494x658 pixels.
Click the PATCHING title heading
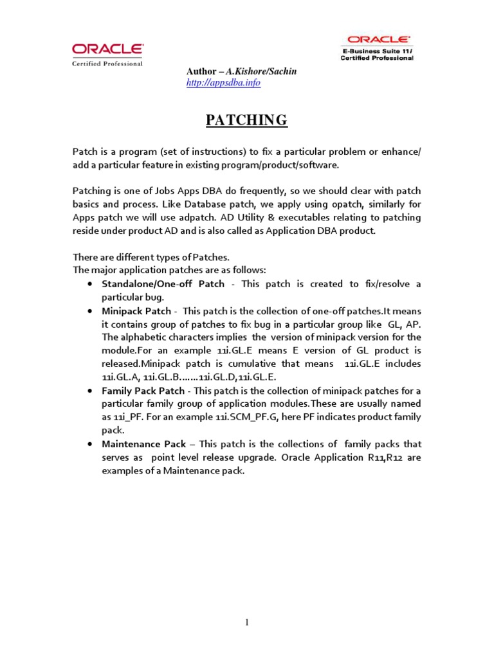[x=246, y=120]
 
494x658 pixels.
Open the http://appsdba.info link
[x=223, y=84]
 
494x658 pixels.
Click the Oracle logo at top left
[x=108, y=49]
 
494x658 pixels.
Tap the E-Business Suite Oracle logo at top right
[x=377, y=40]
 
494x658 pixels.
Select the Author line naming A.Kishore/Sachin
[x=241, y=71]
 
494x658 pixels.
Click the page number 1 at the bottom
[x=246, y=623]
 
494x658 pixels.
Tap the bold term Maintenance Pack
[x=144, y=444]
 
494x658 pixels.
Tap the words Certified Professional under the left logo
[x=107, y=63]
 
